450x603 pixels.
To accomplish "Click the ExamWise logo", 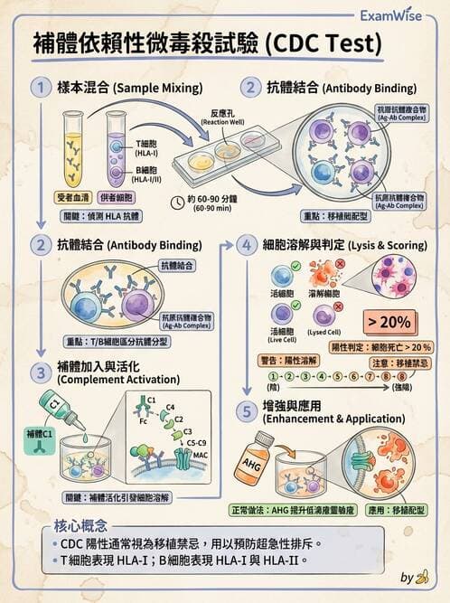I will point(395,15).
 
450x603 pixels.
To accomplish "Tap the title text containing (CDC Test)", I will point(207,43).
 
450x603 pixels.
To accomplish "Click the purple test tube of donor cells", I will point(117,146).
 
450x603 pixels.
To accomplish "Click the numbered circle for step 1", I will point(40,88).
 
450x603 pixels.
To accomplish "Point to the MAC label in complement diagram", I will point(201,455).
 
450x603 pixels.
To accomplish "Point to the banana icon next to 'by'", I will point(422,578).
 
